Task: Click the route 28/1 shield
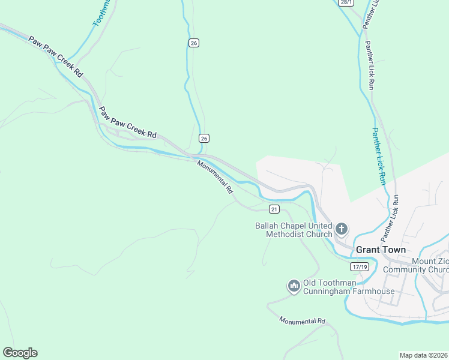pyautogui.click(x=345, y=2)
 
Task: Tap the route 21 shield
pyautogui.click(x=274, y=209)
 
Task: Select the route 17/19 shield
pyautogui.click(x=360, y=265)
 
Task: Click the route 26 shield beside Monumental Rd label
pyautogui.click(x=204, y=138)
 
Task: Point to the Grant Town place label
pyautogui.click(x=381, y=250)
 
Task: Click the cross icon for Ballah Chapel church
pyautogui.click(x=342, y=228)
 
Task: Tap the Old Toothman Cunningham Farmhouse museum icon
pyautogui.click(x=294, y=286)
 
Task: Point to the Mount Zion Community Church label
pyautogui.click(x=430, y=266)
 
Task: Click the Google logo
pyautogui.click(x=20, y=353)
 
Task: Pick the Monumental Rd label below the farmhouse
pyautogui.click(x=302, y=321)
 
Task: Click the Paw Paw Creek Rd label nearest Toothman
pyautogui.click(x=55, y=56)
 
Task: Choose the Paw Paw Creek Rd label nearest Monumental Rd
pyautogui.click(x=127, y=123)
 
